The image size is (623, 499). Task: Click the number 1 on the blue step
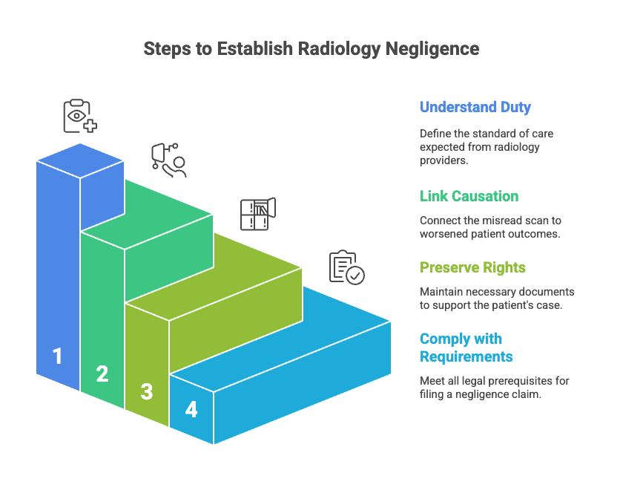[x=57, y=356]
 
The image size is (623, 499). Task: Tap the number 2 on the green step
[x=102, y=374]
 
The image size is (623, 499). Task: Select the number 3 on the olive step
[x=147, y=391]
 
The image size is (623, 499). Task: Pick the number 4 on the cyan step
[x=191, y=409]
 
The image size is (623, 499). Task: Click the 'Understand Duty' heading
[x=475, y=107]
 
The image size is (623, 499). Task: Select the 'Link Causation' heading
[x=469, y=196]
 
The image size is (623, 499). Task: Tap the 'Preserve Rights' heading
[x=473, y=267]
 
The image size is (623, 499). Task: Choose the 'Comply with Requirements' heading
[x=466, y=348]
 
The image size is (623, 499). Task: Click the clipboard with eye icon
[x=79, y=116]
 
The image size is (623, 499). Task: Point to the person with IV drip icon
[x=168, y=160]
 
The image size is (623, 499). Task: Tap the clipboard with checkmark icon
[x=346, y=267]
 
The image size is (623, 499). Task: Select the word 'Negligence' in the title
[x=432, y=49]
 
